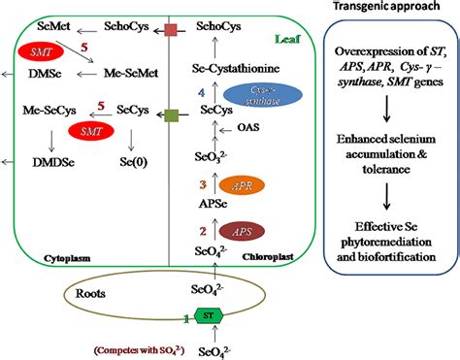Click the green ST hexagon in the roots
208,316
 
